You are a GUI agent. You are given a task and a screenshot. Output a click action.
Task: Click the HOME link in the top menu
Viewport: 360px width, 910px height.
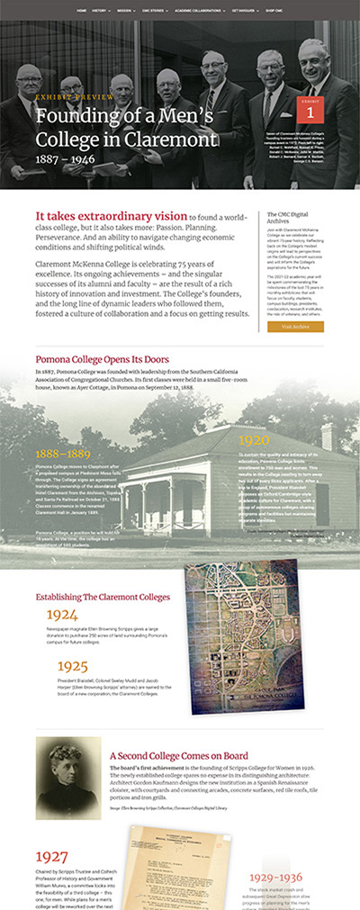[x=82, y=11]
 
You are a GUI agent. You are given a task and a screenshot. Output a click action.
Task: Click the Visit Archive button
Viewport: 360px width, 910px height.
[x=295, y=327]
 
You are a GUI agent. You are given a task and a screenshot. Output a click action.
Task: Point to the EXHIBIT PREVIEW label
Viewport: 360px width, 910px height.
[x=63, y=95]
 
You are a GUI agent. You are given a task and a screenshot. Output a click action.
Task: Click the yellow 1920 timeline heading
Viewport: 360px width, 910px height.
[x=255, y=440]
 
